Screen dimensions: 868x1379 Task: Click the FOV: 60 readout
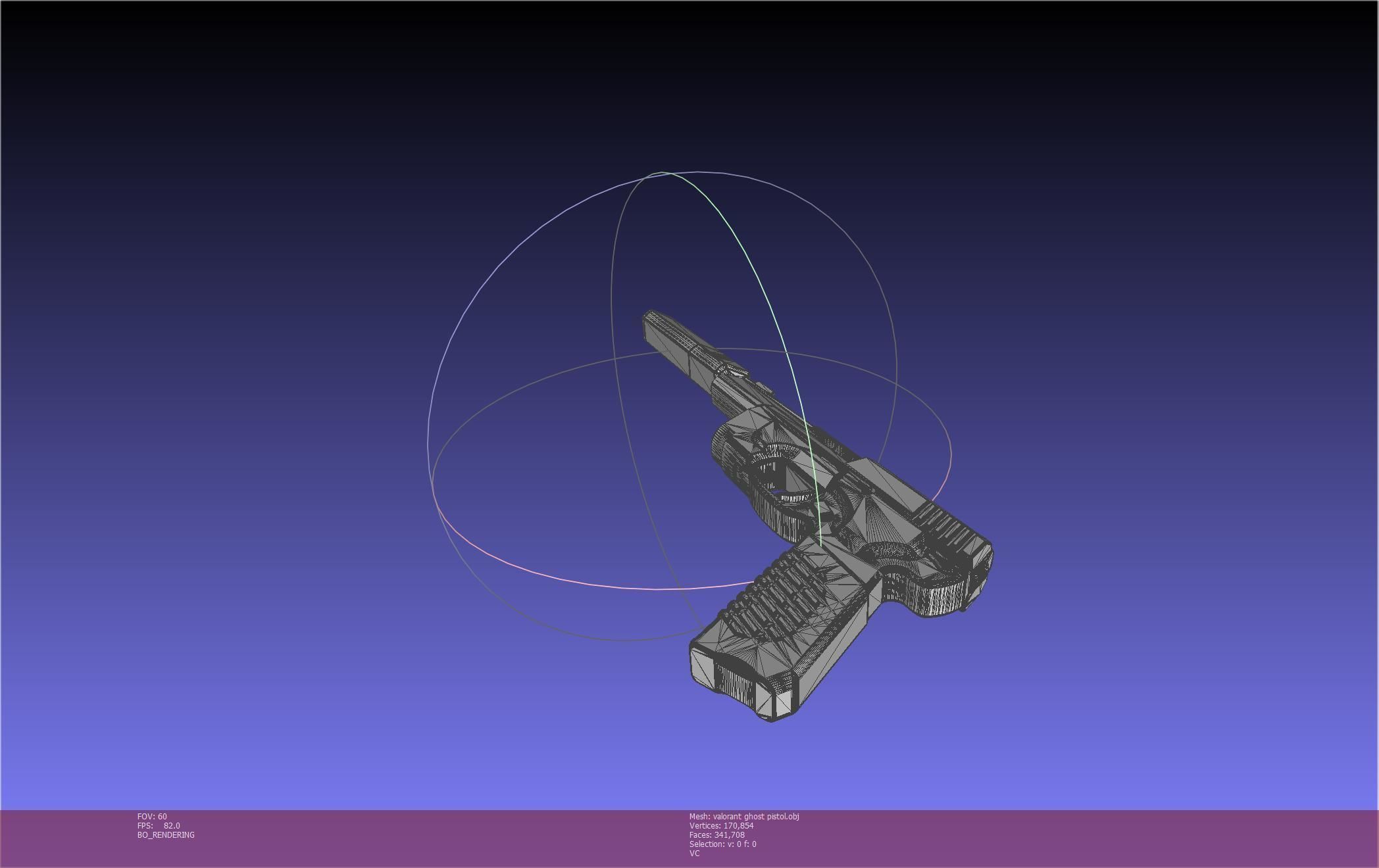(152, 816)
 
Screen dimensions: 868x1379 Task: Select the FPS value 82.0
(172, 825)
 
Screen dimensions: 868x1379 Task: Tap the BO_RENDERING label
(166, 834)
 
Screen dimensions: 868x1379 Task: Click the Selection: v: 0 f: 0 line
(722, 844)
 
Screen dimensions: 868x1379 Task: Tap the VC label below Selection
(694, 853)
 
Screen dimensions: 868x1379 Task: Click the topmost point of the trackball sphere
(661, 172)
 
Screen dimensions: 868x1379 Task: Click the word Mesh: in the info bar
(699, 816)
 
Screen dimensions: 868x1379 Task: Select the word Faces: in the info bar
(700, 834)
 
